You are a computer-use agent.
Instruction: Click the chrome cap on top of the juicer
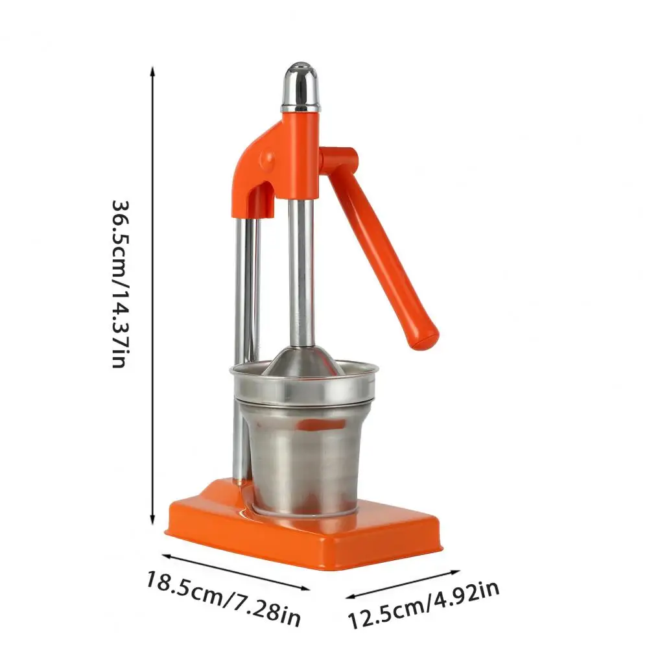[x=301, y=87]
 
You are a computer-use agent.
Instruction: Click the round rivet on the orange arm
[x=267, y=158]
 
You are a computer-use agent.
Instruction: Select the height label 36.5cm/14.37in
[x=121, y=284]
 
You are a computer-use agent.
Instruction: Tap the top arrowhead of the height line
[x=153, y=71]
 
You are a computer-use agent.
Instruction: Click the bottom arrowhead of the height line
[x=153, y=520]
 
